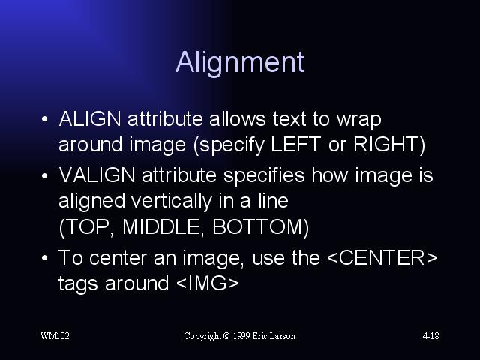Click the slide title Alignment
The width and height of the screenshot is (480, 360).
pyautogui.click(x=240, y=63)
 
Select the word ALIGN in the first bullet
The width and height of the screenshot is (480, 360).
pyautogui.click(x=90, y=118)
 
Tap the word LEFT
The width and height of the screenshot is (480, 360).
pyautogui.click(x=296, y=144)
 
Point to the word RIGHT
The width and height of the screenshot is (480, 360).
pyautogui.click(x=385, y=144)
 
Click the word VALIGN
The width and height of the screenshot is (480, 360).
pyautogui.click(x=97, y=175)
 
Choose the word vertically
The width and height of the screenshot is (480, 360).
pyautogui.click(x=172, y=202)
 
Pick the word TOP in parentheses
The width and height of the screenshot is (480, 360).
pyautogui.click(x=88, y=226)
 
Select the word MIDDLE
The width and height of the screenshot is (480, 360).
pyautogui.click(x=161, y=226)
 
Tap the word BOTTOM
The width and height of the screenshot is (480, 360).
pyautogui.click(x=257, y=226)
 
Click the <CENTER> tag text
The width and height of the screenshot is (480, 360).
pyautogui.click(x=382, y=257)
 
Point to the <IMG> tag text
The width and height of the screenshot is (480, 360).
pyautogui.click(x=207, y=283)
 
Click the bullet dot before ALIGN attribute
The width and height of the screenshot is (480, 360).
pyautogui.click(x=45, y=119)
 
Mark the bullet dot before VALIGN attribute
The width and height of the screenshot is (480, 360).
pyautogui.click(x=45, y=175)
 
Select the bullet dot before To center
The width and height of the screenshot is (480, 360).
pyautogui.click(x=45, y=258)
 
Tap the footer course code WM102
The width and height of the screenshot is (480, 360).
pyautogui.click(x=55, y=336)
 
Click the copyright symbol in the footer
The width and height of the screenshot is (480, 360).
pyautogui.click(x=226, y=336)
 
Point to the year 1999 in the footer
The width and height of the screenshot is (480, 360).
pyautogui.click(x=241, y=336)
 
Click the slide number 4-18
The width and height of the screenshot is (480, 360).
pyautogui.click(x=430, y=336)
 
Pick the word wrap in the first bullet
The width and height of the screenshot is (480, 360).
pyautogui.click(x=358, y=120)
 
